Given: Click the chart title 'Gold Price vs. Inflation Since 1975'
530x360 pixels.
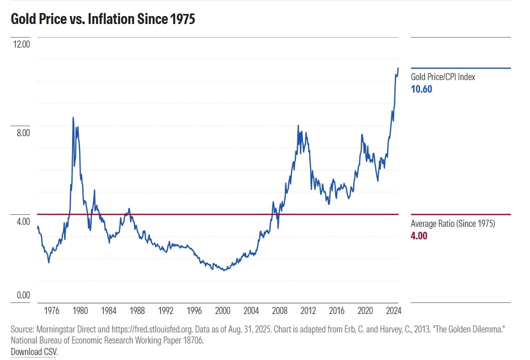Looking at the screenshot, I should [x=103, y=20].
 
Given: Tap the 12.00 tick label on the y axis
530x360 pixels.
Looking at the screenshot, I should [x=22, y=44].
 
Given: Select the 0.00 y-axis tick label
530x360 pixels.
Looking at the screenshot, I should [x=23, y=295].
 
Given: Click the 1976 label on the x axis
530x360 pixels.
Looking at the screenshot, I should [x=52, y=311].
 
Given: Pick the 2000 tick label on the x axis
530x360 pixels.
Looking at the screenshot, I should [x=223, y=311].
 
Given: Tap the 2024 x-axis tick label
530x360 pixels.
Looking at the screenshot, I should [x=393, y=311].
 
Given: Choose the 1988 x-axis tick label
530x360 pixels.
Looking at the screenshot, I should [x=137, y=311].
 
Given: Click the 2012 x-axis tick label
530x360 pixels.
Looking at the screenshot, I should [x=308, y=311].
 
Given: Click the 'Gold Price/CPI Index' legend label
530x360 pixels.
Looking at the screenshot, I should [x=443, y=77].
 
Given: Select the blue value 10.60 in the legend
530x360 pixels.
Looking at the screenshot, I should [x=421, y=90].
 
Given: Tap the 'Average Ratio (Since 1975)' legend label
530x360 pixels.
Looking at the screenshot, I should [x=453, y=224].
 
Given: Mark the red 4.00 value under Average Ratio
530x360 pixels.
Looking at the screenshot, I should [x=419, y=236].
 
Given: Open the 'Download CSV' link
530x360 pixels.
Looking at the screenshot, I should [x=34, y=352].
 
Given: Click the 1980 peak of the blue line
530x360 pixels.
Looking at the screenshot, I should [x=73, y=118].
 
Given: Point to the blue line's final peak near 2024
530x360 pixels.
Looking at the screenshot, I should [x=398, y=68].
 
